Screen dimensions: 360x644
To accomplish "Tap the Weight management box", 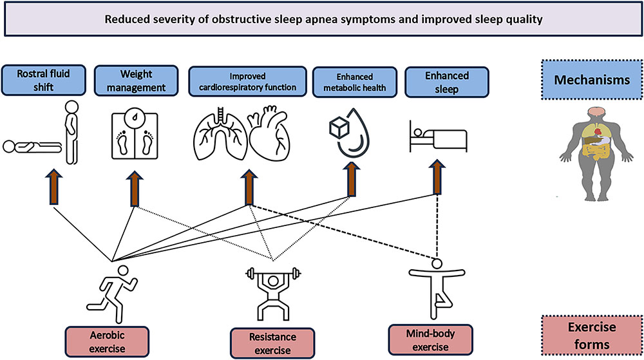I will tap(135, 81).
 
